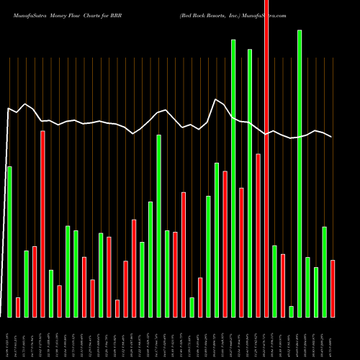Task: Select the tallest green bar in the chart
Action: coord(300,173)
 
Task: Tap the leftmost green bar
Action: coord(9,241)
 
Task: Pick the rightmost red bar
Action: coord(333,288)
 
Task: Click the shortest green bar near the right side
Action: coord(291,311)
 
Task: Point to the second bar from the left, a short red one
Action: coord(18,307)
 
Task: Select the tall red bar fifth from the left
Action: coord(42,223)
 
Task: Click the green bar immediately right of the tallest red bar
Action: coord(274,281)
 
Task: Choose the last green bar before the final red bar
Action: coord(324,271)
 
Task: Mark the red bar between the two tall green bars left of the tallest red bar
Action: coord(241,252)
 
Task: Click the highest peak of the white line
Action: coord(216,99)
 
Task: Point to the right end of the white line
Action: coord(332,137)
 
